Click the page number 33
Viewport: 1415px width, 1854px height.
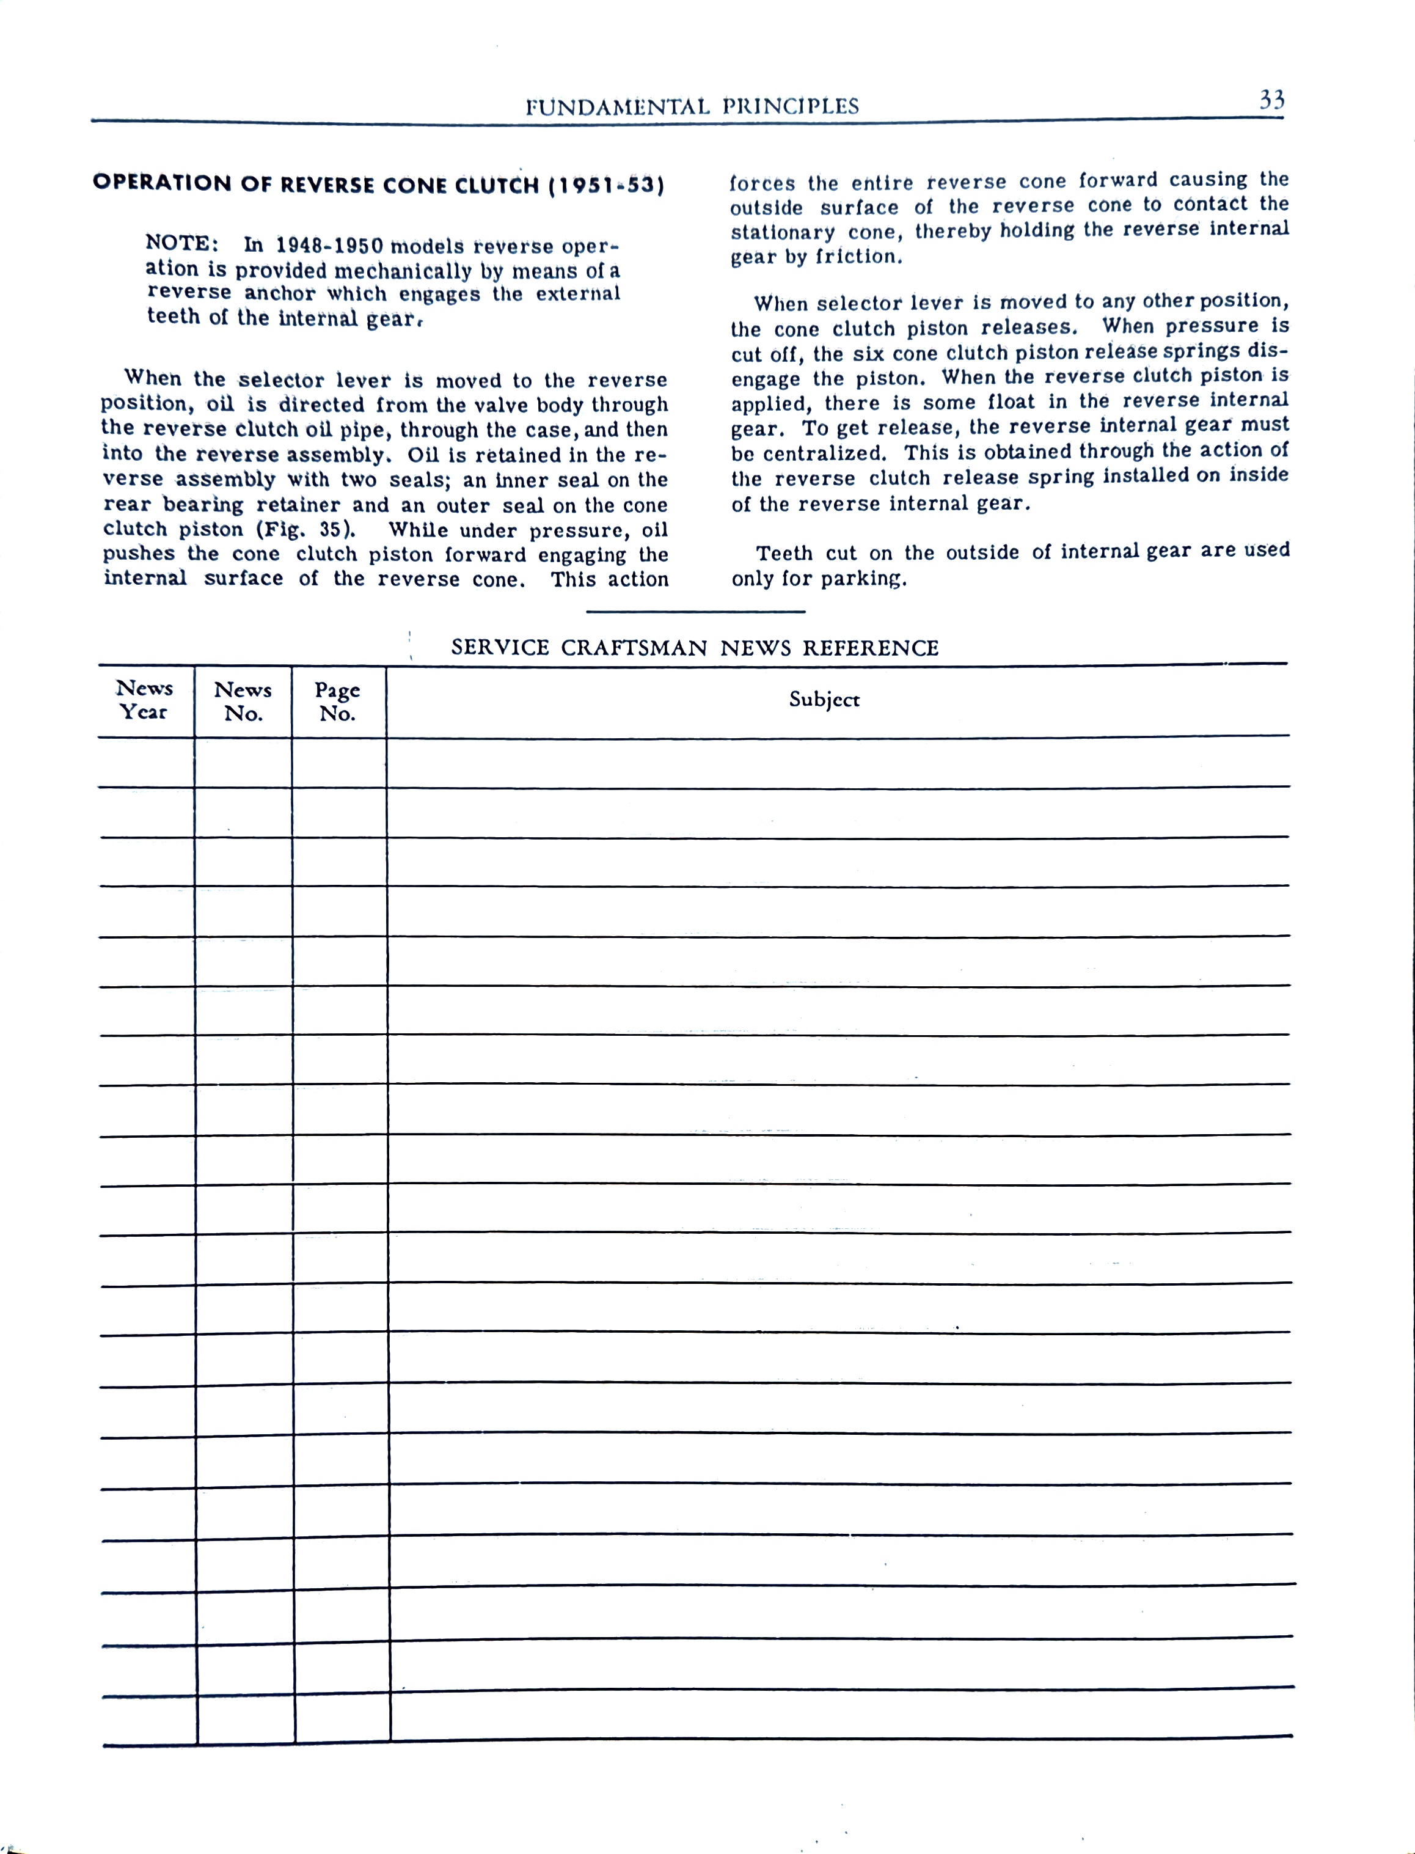[1271, 101]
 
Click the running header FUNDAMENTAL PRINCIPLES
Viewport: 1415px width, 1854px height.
[692, 106]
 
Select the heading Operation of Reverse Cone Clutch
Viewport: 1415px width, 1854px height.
[378, 185]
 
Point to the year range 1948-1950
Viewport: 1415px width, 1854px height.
[330, 246]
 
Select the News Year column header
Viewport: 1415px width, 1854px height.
[145, 700]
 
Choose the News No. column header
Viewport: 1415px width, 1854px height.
[243, 701]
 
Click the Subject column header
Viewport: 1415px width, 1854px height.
[824, 699]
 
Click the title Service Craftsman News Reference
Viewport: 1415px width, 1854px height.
[695, 648]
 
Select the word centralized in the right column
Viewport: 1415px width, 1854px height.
[824, 453]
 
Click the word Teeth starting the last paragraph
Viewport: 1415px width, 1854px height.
[783, 554]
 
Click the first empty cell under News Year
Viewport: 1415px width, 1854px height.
[145, 763]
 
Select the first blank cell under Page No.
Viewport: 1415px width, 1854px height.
[340, 763]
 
